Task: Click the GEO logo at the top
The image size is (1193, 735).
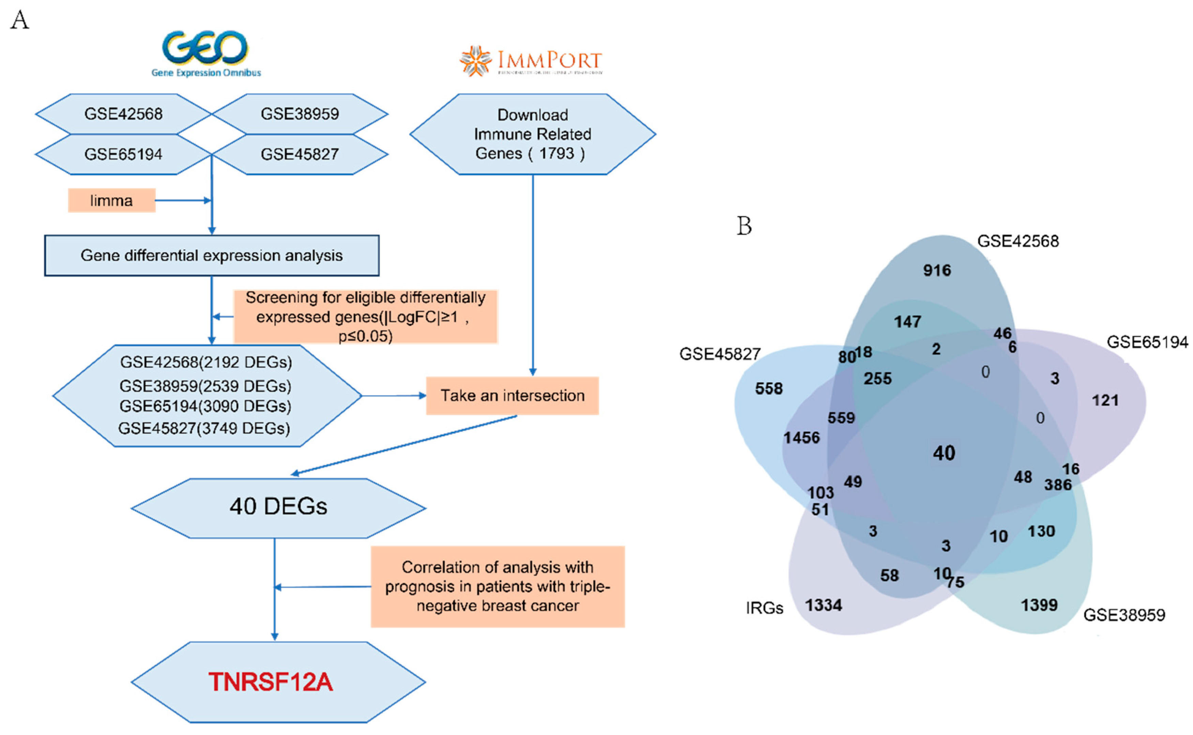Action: [206, 52]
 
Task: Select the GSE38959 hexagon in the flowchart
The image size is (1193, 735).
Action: [300, 114]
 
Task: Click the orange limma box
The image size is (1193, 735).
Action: [111, 200]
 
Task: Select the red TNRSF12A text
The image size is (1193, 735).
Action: [271, 682]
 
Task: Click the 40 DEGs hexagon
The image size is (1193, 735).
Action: [278, 506]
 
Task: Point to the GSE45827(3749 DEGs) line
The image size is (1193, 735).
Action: [204, 428]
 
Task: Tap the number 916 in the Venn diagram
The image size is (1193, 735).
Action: [937, 270]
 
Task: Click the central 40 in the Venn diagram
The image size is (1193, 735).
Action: [944, 453]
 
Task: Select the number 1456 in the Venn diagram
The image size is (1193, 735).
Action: [801, 438]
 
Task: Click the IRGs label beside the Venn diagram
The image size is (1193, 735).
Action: [764, 608]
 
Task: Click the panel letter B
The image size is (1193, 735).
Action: [744, 226]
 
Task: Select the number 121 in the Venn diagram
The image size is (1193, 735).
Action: [1105, 401]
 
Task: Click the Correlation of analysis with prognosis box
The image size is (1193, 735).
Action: [498, 586]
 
